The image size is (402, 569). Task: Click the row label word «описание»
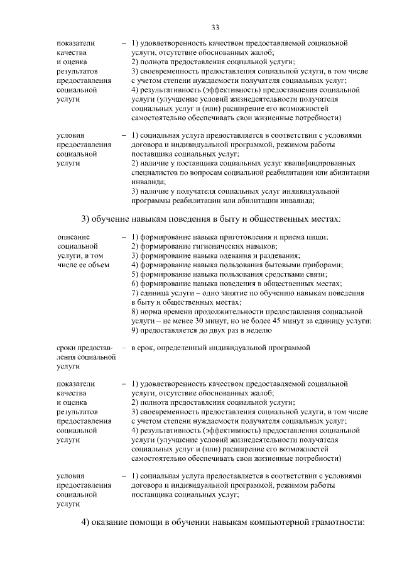pos(72,236)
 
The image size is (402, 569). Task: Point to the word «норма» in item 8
pos(153,311)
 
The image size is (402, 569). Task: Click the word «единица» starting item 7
pos(154,293)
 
